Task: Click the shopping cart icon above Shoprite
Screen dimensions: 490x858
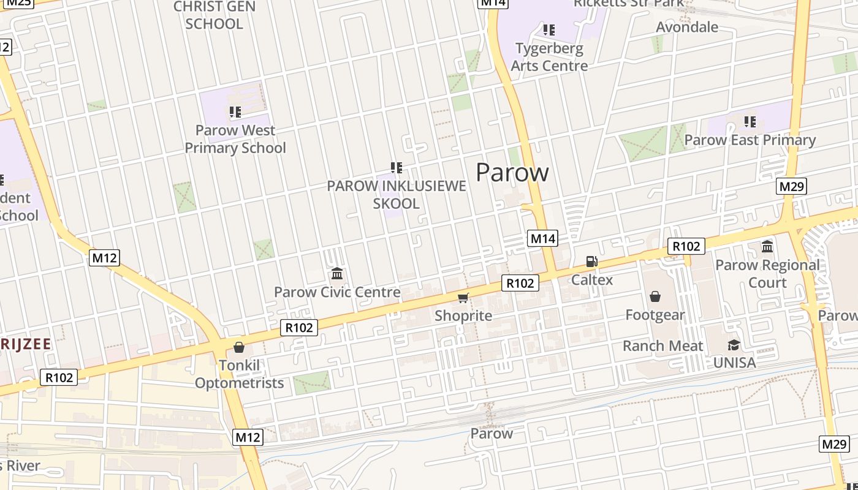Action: (x=463, y=298)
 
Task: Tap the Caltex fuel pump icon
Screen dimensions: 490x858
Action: (x=591, y=262)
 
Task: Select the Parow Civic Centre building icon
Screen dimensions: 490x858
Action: (x=336, y=274)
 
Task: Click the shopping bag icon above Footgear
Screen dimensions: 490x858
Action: (x=655, y=297)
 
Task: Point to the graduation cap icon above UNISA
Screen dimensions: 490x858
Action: (x=734, y=345)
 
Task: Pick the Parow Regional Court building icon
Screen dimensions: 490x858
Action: (x=767, y=247)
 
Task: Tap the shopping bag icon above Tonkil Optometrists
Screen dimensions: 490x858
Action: (x=239, y=347)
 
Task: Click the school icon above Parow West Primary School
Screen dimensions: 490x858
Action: (x=235, y=112)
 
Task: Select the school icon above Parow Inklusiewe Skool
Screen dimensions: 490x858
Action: (x=397, y=168)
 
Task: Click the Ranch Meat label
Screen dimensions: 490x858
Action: (x=663, y=346)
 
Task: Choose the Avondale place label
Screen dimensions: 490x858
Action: (x=687, y=27)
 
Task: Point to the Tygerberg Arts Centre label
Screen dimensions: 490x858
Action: (x=549, y=57)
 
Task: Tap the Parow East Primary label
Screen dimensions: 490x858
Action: (x=750, y=140)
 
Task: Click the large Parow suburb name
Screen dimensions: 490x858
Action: (x=512, y=173)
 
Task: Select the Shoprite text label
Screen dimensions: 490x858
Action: (x=463, y=316)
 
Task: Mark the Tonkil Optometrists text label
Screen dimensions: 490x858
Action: (x=239, y=374)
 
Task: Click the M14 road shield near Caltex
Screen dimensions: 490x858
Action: (x=542, y=238)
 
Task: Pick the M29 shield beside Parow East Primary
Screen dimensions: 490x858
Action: (x=791, y=186)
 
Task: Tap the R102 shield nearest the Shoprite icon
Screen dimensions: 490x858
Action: (x=520, y=282)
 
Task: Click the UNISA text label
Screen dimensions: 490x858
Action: (x=734, y=363)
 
